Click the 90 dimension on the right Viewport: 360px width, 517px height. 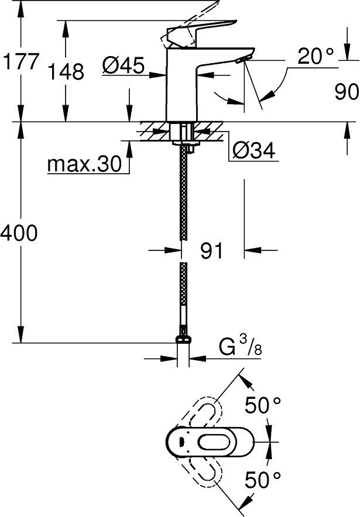(345, 92)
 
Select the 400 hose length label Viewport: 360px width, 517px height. (19, 234)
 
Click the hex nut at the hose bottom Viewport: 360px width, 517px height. (183, 341)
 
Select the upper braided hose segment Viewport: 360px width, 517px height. (183, 193)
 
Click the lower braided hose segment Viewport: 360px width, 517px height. (183, 298)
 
